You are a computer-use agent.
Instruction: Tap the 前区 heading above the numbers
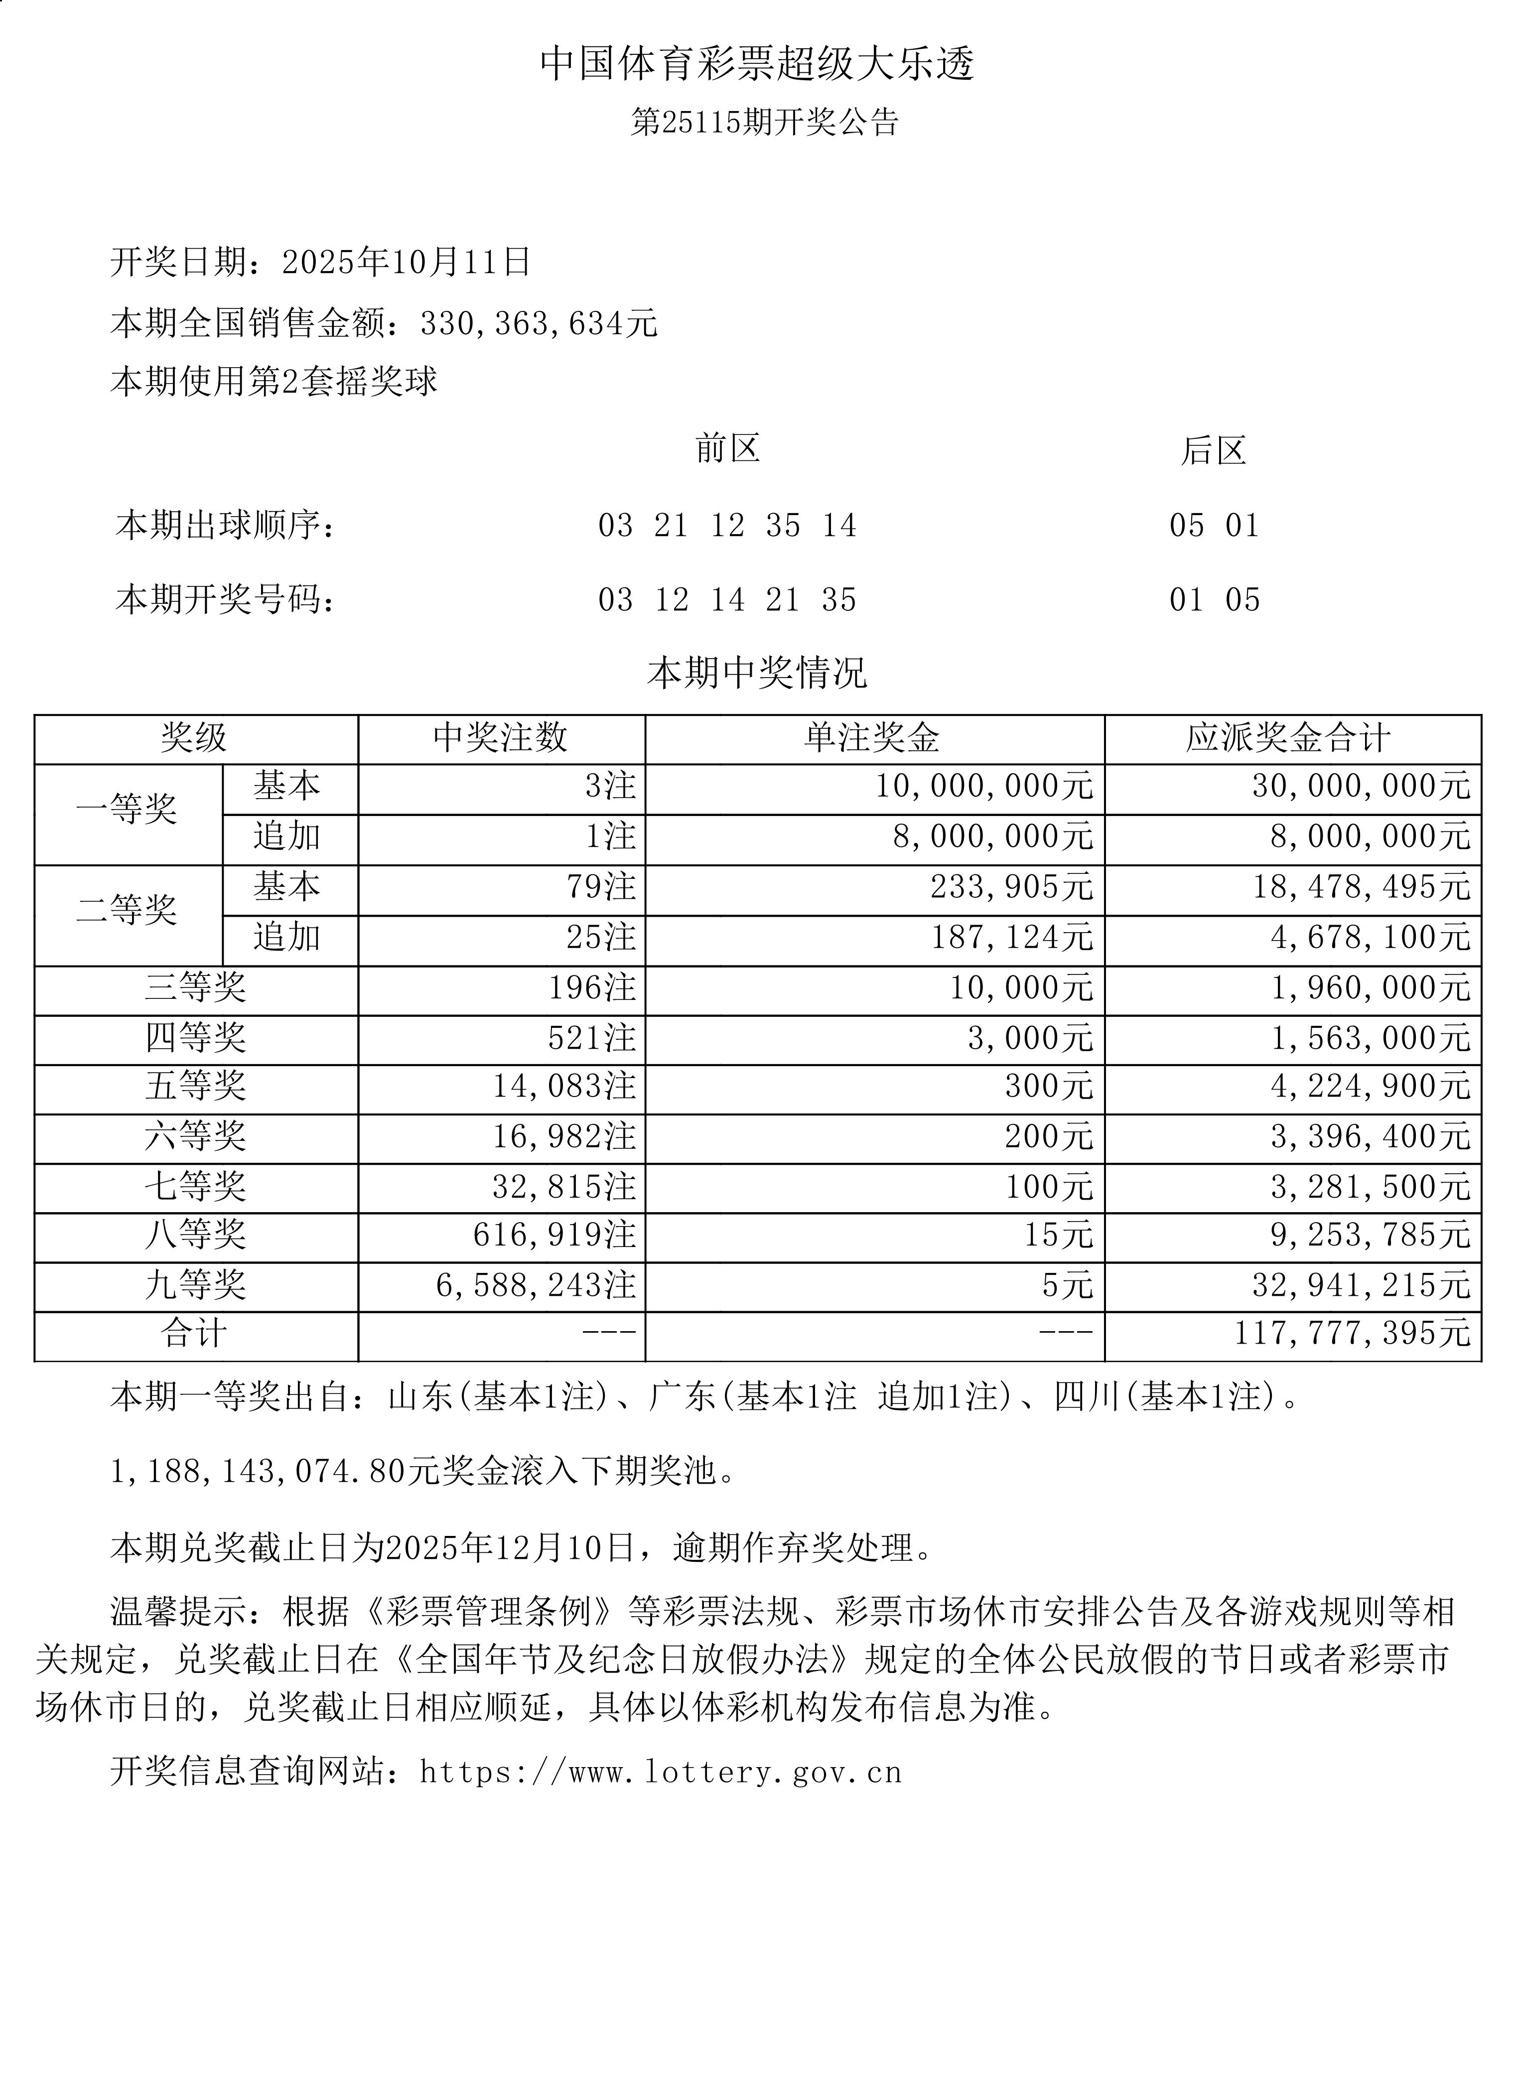pos(727,449)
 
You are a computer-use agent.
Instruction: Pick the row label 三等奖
pos(195,987)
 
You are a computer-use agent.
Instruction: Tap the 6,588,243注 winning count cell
pos(536,1285)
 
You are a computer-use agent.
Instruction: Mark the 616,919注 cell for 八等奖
pos(554,1235)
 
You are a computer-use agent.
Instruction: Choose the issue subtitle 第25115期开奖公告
pos(764,123)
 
